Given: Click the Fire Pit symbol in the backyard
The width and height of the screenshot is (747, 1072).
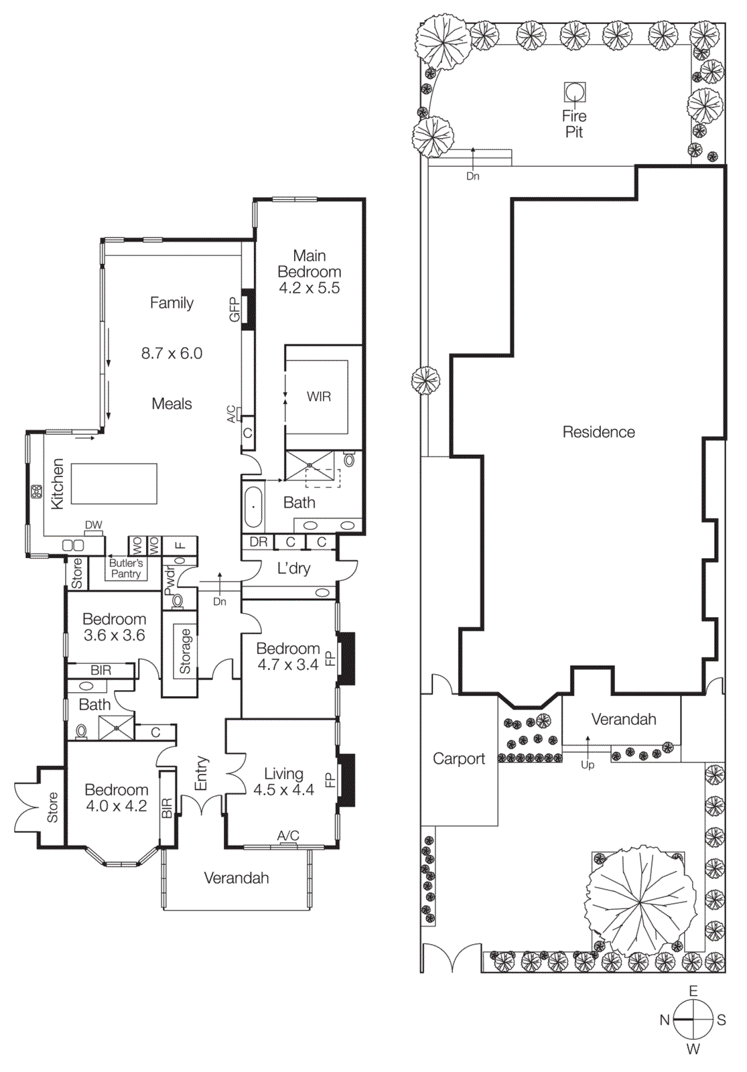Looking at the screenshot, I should tap(574, 91).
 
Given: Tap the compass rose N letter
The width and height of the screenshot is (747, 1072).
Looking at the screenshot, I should tap(664, 1020).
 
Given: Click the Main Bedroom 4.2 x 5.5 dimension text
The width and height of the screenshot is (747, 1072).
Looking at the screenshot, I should tap(309, 288).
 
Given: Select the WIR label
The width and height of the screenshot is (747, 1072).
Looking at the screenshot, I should tap(318, 397).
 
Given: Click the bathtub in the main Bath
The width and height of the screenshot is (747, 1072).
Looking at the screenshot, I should tap(253, 507).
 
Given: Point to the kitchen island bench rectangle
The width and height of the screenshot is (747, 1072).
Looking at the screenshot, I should tap(114, 484).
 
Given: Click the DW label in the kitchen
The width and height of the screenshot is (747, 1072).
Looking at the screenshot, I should tap(94, 525).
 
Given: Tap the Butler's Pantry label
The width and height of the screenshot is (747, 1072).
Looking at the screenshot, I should tap(126, 568).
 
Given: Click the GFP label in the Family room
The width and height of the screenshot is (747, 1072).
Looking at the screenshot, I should tap(234, 310).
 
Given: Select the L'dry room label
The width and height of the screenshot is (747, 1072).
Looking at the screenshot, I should tap(293, 569).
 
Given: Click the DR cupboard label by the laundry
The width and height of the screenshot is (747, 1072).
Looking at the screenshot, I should tap(258, 542).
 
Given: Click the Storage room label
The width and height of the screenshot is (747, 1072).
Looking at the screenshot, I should tap(185, 651).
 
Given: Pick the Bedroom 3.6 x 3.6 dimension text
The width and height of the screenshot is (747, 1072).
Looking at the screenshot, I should tap(114, 635).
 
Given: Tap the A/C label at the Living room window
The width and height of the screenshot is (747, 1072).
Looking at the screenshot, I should tap(288, 835).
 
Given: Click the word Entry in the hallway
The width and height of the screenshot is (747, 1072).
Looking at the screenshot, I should tap(201, 774).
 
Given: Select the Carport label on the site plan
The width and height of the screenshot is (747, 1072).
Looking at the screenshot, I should tap(458, 758).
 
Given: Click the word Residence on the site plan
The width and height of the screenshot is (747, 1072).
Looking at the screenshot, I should tap(598, 432).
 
